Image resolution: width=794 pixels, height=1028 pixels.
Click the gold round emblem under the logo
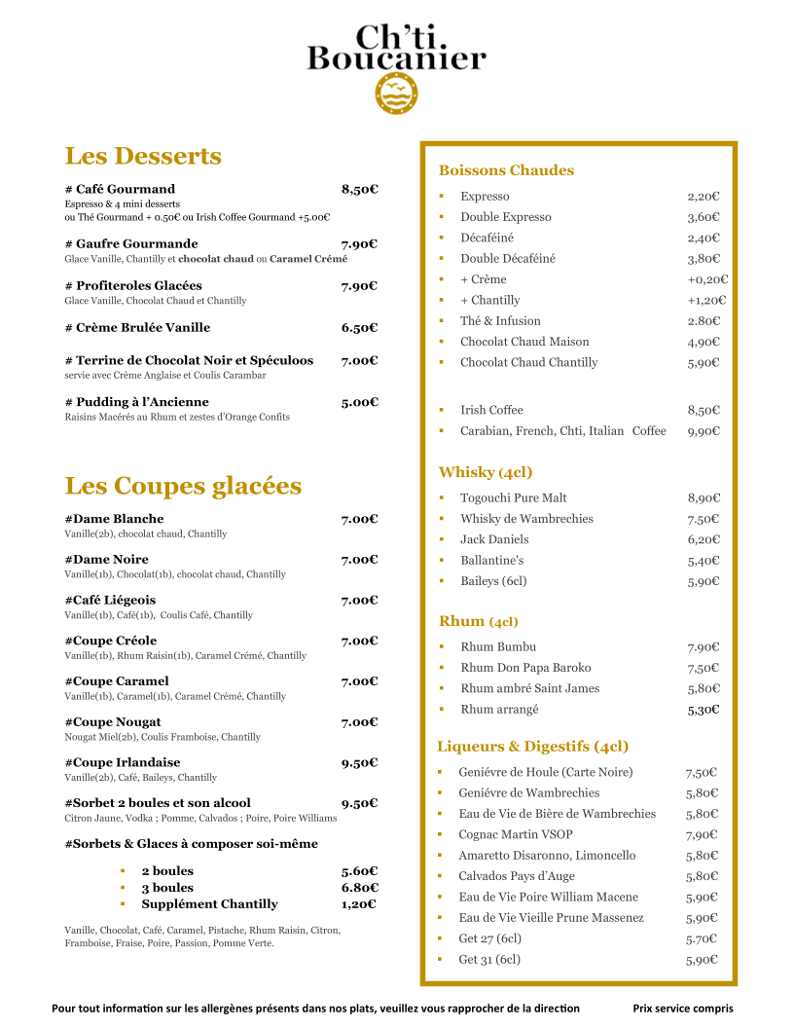pos(396,93)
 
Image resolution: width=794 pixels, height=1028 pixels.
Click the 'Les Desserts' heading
pos(143,156)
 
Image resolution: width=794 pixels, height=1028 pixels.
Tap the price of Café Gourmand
pos(359,189)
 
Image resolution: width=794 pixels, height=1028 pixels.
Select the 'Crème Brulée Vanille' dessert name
pos(137,327)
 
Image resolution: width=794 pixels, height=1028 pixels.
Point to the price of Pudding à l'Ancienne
pos(359,401)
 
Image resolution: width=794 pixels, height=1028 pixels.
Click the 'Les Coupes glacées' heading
pos(183,486)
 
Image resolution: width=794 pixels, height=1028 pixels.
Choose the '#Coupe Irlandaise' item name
pos(123,762)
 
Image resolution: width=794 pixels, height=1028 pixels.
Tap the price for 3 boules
pos(359,887)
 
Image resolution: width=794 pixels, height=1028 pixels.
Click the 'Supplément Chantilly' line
pos(209,903)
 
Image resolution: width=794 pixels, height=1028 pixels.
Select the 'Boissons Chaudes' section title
pos(506,170)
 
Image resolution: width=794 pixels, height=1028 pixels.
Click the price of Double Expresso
pos(704,217)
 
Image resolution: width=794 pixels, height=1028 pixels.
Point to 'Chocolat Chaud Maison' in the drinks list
pos(524,342)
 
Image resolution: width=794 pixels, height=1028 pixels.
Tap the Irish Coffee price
pos(704,410)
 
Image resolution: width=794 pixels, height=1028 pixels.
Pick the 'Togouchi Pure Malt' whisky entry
pos(514,497)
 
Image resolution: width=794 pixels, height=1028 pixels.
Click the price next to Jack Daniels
pos(704,539)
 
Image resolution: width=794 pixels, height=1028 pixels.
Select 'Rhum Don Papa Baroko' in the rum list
pos(525,668)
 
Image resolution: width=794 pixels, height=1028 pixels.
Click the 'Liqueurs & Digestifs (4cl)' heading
pos(532,747)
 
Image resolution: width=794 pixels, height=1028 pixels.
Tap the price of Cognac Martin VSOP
pos(702,834)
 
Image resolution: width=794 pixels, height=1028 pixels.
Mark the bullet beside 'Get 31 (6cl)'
pos(440,959)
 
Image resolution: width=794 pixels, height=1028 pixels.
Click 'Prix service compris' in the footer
pos(683,1009)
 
